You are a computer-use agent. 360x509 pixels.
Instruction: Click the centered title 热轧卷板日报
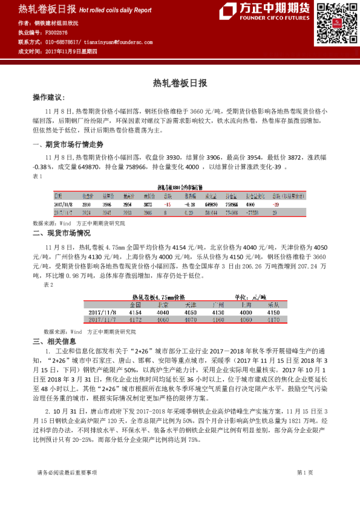pos(180,83)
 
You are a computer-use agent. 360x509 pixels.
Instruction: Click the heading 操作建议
pos(48,97)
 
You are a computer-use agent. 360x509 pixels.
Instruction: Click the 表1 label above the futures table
pos(38,177)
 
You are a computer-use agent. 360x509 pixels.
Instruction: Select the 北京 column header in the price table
pos(163,305)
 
